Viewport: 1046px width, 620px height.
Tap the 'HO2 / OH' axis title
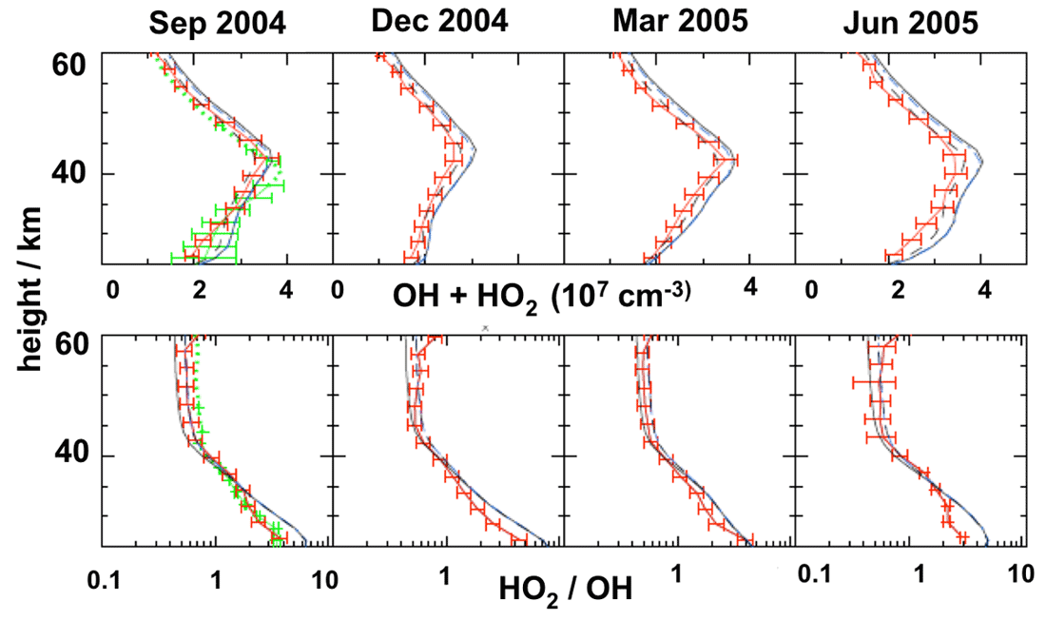[x=565, y=590]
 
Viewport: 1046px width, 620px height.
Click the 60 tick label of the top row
[x=69, y=65]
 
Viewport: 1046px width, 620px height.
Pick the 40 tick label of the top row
[x=69, y=175]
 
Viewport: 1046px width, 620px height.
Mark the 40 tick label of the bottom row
[x=69, y=455]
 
